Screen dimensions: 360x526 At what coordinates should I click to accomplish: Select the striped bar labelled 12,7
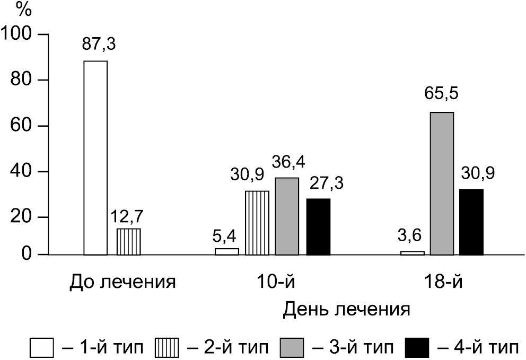(129, 242)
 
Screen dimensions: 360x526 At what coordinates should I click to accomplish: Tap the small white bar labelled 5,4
(227, 251)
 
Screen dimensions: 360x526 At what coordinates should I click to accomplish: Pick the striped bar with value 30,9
(257, 223)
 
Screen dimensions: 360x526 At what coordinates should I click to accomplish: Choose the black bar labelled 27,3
(318, 227)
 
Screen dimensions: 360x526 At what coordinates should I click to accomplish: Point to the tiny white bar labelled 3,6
(413, 253)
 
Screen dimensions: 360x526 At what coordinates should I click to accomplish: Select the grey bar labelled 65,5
(442, 183)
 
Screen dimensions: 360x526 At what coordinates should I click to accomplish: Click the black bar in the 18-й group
(471, 222)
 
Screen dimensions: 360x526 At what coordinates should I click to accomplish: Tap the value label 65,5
(442, 95)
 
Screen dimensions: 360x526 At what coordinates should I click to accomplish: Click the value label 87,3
(99, 44)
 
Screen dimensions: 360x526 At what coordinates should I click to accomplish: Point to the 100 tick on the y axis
(19, 34)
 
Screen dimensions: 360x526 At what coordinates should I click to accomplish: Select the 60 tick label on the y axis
(24, 126)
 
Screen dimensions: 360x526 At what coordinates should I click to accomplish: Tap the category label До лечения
(122, 280)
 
